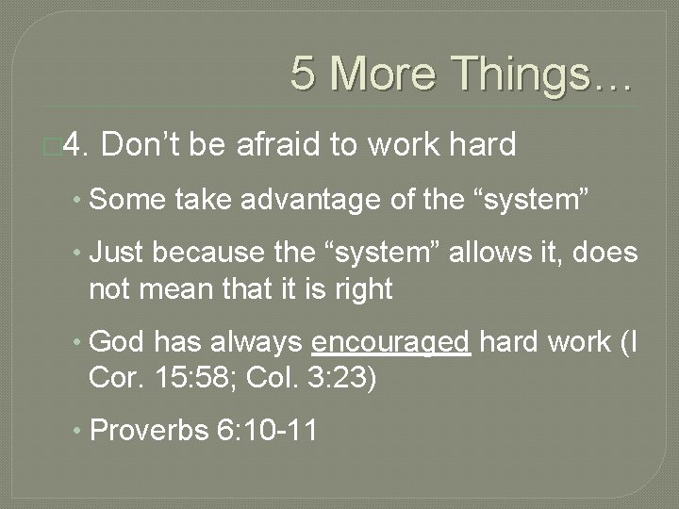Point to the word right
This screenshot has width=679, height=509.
click(x=362, y=288)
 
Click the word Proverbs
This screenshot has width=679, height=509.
click(x=148, y=431)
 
